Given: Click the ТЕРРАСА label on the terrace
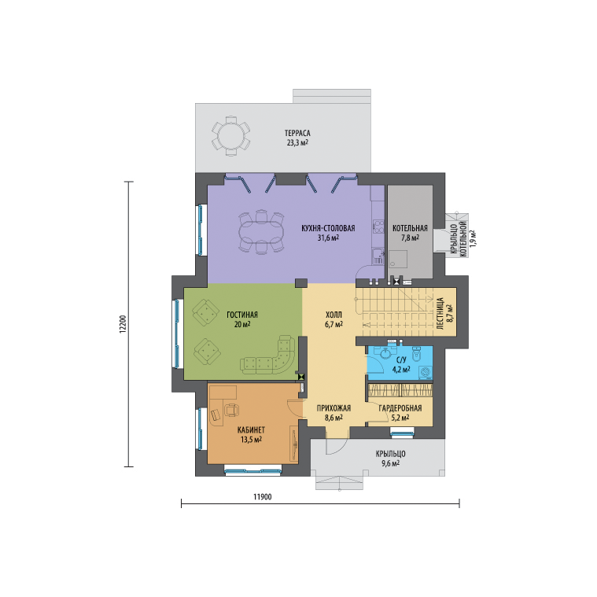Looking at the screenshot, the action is coord(297,133).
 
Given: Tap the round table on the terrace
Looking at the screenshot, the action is coord(230,136).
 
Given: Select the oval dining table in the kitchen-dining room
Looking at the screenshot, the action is coord(261,232).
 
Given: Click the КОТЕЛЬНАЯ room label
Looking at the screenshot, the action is coord(410,228).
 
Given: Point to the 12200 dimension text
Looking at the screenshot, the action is coord(123,324).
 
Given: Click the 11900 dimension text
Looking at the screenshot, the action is coord(263,497).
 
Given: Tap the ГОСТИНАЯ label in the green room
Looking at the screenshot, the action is coord(242,315).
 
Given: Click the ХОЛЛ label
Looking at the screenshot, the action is coord(334,315).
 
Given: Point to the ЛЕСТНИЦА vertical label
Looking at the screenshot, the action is coord(440,314).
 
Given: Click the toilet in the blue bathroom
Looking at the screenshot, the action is coord(416,353).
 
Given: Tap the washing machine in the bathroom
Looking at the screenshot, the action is coord(426,372).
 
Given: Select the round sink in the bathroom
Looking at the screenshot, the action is coord(386,352).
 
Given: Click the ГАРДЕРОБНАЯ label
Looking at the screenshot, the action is coord(400,408).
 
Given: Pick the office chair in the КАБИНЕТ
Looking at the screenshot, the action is coord(231,410).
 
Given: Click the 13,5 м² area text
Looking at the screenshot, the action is coord(251,440).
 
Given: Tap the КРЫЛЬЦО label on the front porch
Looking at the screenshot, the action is coord(391,454).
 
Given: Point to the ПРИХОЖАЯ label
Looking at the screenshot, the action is coord(334,408).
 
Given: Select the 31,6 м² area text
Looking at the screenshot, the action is coord(328,238).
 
